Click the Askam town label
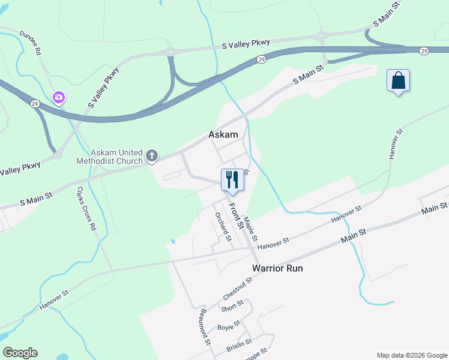point(223,135)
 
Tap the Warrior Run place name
point(277,268)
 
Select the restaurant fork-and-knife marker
point(232,180)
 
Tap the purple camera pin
point(58,97)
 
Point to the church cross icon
point(152,157)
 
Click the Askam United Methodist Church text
point(109,157)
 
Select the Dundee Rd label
point(30,43)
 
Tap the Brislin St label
point(238,347)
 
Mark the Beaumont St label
point(205,326)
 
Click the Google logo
point(20,353)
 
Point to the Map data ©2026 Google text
point(411,355)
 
